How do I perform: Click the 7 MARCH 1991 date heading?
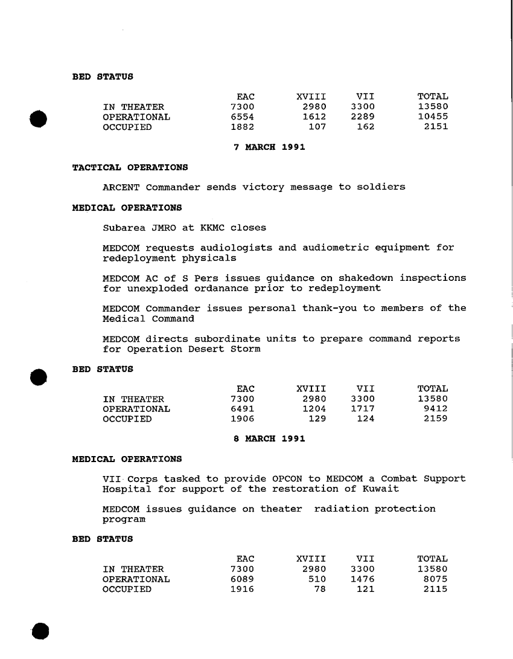(x=269, y=147)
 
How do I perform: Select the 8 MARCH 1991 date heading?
(x=269, y=439)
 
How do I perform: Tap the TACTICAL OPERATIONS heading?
(x=130, y=167)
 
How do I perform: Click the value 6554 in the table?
(x=243, y=117)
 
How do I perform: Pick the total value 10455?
(x=433, y=117)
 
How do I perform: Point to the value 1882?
(x=243, y=127)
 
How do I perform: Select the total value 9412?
(x=436, y=409)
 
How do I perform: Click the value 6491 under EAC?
(x=243, y=409)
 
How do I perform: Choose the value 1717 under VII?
(x=363, y=409)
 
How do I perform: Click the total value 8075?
(x=436, y=579)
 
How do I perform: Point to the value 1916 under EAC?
(x=243, y=590)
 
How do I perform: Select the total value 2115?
(x=436, y=590)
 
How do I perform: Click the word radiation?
(x=342, y=509)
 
